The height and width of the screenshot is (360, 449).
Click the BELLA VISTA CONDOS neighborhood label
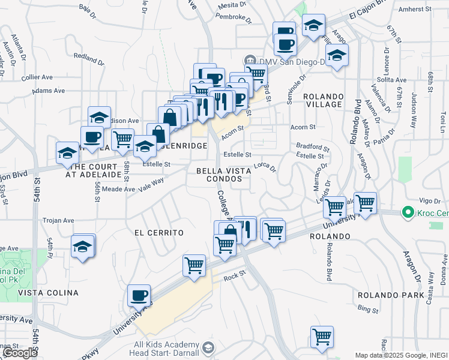[224, 175]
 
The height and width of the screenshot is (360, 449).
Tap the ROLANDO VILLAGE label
[323, 100]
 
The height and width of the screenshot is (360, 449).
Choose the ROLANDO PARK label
[391, 295]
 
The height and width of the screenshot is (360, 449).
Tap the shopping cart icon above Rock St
[194, 265]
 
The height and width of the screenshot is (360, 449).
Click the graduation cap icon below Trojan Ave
[83, 246]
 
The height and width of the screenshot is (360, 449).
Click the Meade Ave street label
[118, 189]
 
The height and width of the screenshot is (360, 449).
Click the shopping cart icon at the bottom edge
[322, 337]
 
